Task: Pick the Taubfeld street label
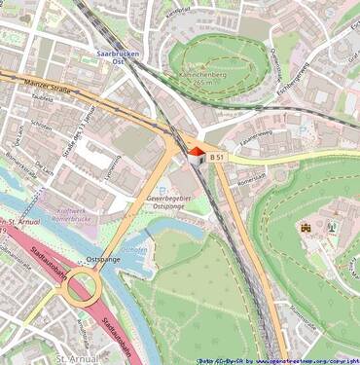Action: click(x=42, y=98)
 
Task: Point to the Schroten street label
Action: click(x=41, y=127)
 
